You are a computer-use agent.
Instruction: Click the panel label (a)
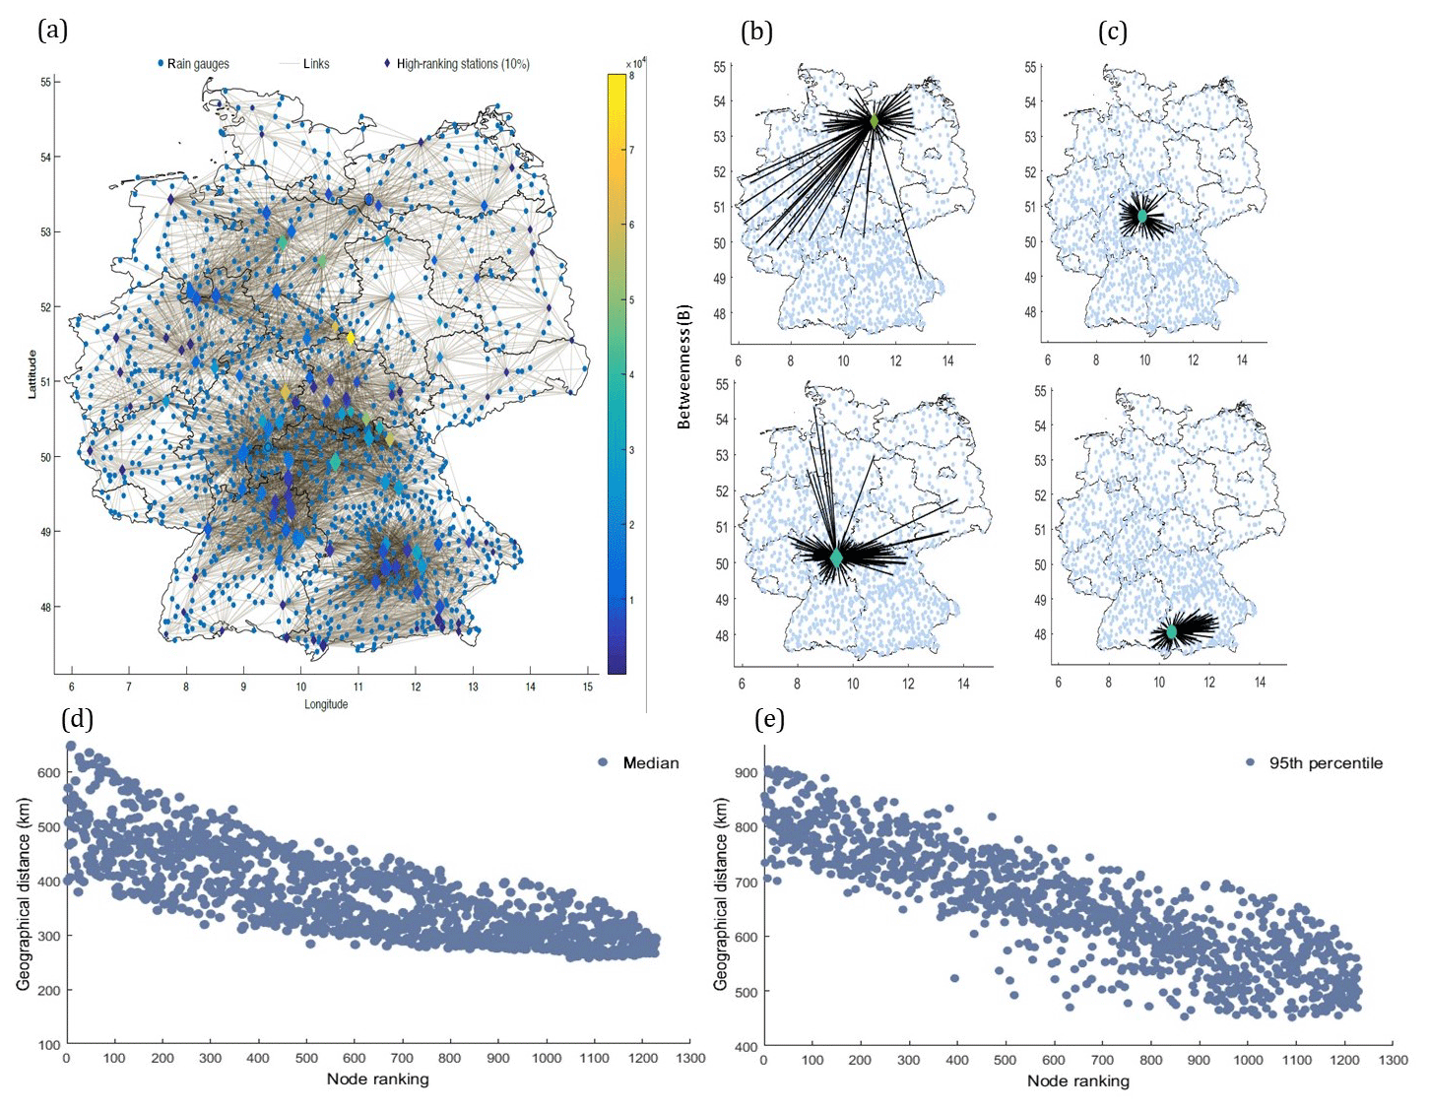pos(52,31)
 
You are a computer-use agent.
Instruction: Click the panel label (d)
pos(78,719)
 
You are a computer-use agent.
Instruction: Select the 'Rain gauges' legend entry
pos(197,64)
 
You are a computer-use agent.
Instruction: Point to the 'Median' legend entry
pos(650,762)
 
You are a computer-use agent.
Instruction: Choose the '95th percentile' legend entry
pos(1325,762)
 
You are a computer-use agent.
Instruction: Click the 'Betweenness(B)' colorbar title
pos(684,366)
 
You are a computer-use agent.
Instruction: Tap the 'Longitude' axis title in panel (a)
pos(326,704)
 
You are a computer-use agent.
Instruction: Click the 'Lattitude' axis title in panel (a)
pos(32,373)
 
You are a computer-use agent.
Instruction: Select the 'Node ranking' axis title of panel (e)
pos(1077,1080)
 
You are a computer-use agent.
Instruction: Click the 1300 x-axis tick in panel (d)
pos(691,1059)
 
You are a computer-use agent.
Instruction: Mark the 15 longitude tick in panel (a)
pos(588,686)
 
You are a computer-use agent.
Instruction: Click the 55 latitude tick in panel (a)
pos(45,82)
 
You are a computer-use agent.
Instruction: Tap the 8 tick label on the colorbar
pos(631,75)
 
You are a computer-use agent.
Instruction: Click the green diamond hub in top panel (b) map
pos(874,121)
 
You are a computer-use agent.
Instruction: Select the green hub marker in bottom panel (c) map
pos(1172,631)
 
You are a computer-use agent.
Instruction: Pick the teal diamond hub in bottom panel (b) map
pos(837,557)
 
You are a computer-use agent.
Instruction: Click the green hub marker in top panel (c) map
pos(1142,216)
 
